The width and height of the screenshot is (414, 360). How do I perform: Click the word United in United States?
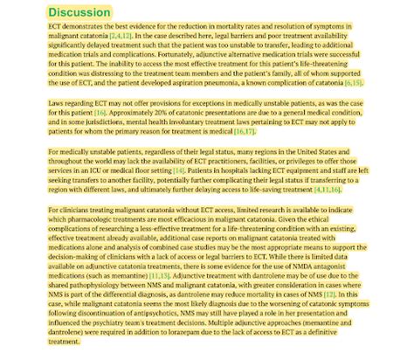pyautogui.click(x=346, y=153)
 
